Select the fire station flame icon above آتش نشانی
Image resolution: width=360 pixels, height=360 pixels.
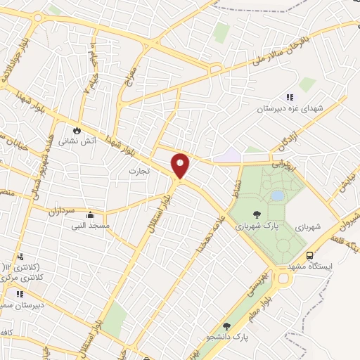click(x=77, y=130)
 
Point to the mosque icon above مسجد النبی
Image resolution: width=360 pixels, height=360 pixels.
click(x=89, y=215)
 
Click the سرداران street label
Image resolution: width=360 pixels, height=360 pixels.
click(x=64, y=210)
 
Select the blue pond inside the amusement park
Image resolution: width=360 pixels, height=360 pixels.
click(x=278, y=195)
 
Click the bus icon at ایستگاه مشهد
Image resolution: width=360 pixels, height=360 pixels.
click(x=310, y=256)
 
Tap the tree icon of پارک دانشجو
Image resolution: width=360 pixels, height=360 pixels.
click(x=226, y=326)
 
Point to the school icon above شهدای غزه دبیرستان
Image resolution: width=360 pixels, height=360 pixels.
click(x=289, y=98)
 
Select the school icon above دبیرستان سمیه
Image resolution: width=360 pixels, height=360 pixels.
click(x=20, y=294)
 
